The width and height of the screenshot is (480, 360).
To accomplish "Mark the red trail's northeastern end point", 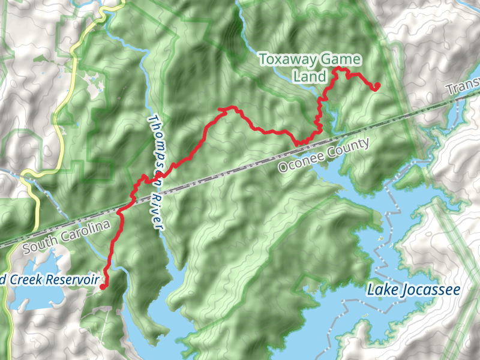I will tap(377, 87).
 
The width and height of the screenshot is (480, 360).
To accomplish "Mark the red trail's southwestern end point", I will tap(103, 287).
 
